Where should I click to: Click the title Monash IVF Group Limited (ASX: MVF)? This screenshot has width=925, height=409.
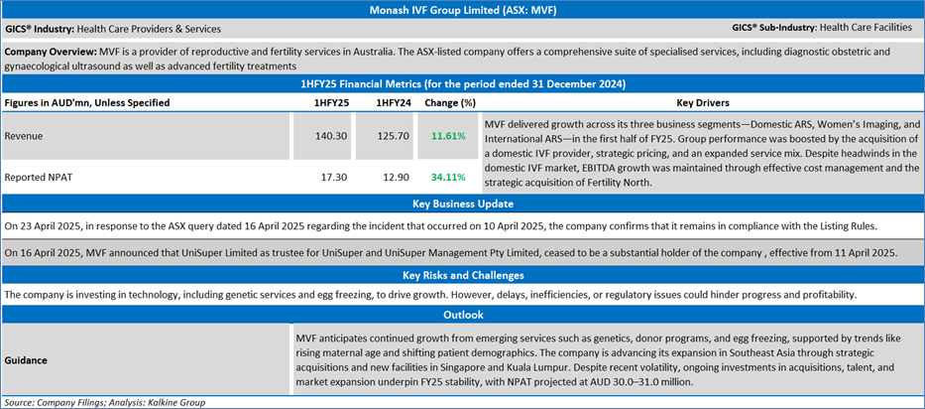click(x=462, y=9)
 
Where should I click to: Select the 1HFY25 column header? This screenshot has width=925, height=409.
click(x=331, y=102)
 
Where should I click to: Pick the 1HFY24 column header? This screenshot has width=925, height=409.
click(x=394, y=102)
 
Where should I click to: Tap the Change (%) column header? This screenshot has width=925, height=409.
click(x=450, y=102)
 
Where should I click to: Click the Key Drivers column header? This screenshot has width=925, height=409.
click(x=703, y=102)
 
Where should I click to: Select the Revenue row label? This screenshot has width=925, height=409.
click(x=25, y=135)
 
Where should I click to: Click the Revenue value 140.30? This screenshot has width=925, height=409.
click(x=331, y=135)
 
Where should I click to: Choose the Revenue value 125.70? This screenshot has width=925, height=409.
click(x=394, y=135)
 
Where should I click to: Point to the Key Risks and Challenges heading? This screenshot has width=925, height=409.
click(x=462, y=275)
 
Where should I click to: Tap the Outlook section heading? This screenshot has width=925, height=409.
click(x=462, y=315)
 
